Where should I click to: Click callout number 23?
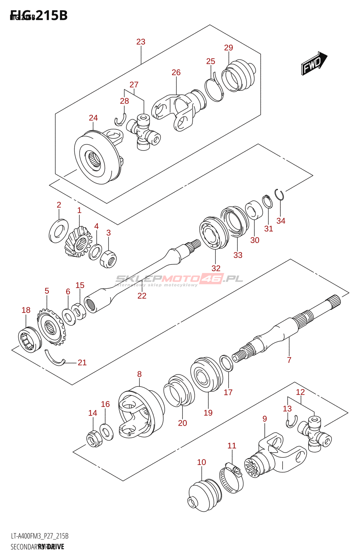pyautogui.click(x=141, y=42)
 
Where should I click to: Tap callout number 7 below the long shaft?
pyautogui.click(x=289, y=360)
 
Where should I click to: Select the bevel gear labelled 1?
pyautogui.click(x=78, y=241)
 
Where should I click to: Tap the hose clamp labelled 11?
pyautogui.click(x=231, y=477)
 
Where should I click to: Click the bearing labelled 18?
pyautogui.click(x=29, y=339)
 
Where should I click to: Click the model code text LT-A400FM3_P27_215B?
pyautogui.click(x=40, y=536)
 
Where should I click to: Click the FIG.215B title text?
pyautogui.click(x=39, y=15)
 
